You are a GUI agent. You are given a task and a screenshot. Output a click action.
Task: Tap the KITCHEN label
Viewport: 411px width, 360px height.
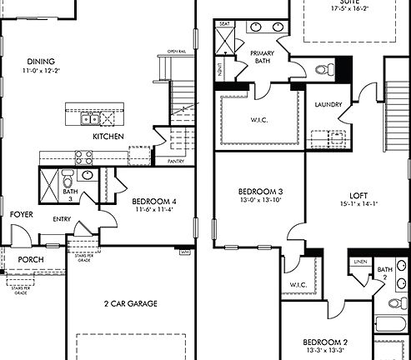(x=108, y=136)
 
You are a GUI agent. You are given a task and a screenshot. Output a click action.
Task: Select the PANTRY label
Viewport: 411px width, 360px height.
(x=175, y=161)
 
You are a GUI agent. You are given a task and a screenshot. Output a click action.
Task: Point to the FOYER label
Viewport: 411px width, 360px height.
(x=21, y=215)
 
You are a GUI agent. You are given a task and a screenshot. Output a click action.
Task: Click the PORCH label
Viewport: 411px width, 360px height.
(x=31, y=259)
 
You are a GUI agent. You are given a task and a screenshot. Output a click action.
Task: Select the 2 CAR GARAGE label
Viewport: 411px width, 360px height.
(x=130, y=303)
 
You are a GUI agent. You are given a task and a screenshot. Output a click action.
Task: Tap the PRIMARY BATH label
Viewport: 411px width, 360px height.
(x=268, y=57)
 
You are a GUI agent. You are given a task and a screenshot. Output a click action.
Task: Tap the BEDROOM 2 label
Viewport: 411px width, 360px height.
(x=324, y=342)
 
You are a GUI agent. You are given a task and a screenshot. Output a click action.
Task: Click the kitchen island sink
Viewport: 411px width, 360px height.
(x=88, y=118)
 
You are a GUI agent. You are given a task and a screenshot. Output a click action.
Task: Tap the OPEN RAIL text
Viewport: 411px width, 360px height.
(x=176, y=51)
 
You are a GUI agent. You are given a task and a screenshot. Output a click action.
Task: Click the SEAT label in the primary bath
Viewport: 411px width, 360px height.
(x=224, y=24)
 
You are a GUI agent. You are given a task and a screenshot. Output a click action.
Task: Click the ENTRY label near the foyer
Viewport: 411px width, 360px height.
(x=62, y=219)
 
